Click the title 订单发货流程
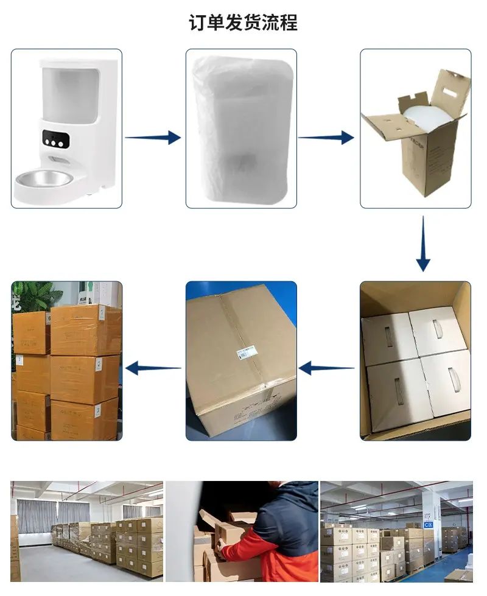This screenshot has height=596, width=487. click(x=243, y=23)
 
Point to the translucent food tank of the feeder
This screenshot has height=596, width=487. click(x=70, y=94)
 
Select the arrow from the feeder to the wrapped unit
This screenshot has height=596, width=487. click(x=153, y=138)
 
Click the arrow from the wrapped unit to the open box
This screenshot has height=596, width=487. click(x=326, y=138)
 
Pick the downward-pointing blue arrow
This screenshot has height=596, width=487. click(x=423, y=244)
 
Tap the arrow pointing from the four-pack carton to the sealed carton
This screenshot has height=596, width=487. click(x=326, y=368)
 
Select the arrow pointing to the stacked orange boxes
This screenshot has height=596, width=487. click(x=153, y=368)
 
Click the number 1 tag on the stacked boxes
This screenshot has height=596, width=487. click(x=102, y=314)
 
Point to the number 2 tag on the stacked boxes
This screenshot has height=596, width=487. click(x=99, y=365)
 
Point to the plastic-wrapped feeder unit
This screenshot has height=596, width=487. click(x=242, y=128)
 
